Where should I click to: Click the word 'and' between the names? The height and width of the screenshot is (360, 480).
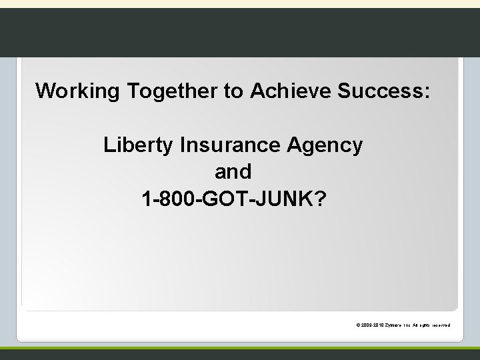[233, 172]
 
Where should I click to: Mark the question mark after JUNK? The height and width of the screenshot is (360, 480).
[319, 199]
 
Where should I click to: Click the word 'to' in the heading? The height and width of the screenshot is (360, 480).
[234, 91]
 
